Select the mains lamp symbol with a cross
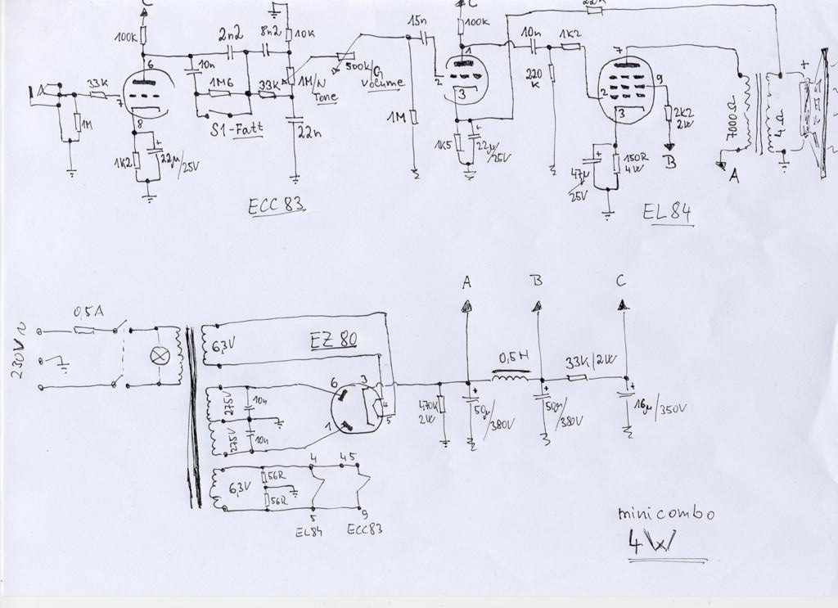click(161, 356)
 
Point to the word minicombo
click(666, 514)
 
